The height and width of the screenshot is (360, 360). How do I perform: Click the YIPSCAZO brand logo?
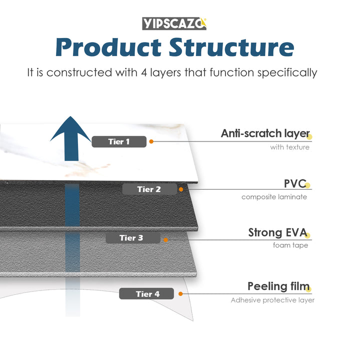click(x=174, y=23)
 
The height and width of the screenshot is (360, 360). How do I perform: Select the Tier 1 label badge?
click(x=119, y=141)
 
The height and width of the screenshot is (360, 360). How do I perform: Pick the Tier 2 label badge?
click(x=149, y=189)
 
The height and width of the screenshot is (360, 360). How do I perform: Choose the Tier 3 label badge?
click(x=131, y=237)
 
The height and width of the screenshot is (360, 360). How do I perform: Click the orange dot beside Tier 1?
click(x=151, y=141)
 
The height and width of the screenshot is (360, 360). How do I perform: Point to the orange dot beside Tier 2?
click(x=181, y=189)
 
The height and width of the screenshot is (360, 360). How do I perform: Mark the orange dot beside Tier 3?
click(x=165, y=239)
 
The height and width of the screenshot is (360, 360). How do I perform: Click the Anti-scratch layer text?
click(x=265, y=133)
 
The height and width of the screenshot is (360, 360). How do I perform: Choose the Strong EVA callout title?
click(x=278, y=232)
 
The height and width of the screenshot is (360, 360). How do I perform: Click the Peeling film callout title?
click(x=278, y=286)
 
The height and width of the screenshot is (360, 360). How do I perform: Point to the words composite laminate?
click(x=274, y=197)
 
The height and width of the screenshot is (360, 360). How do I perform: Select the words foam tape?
click(x=290, y=245)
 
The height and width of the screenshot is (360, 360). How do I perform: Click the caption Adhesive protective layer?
click(x=272, y=300)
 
